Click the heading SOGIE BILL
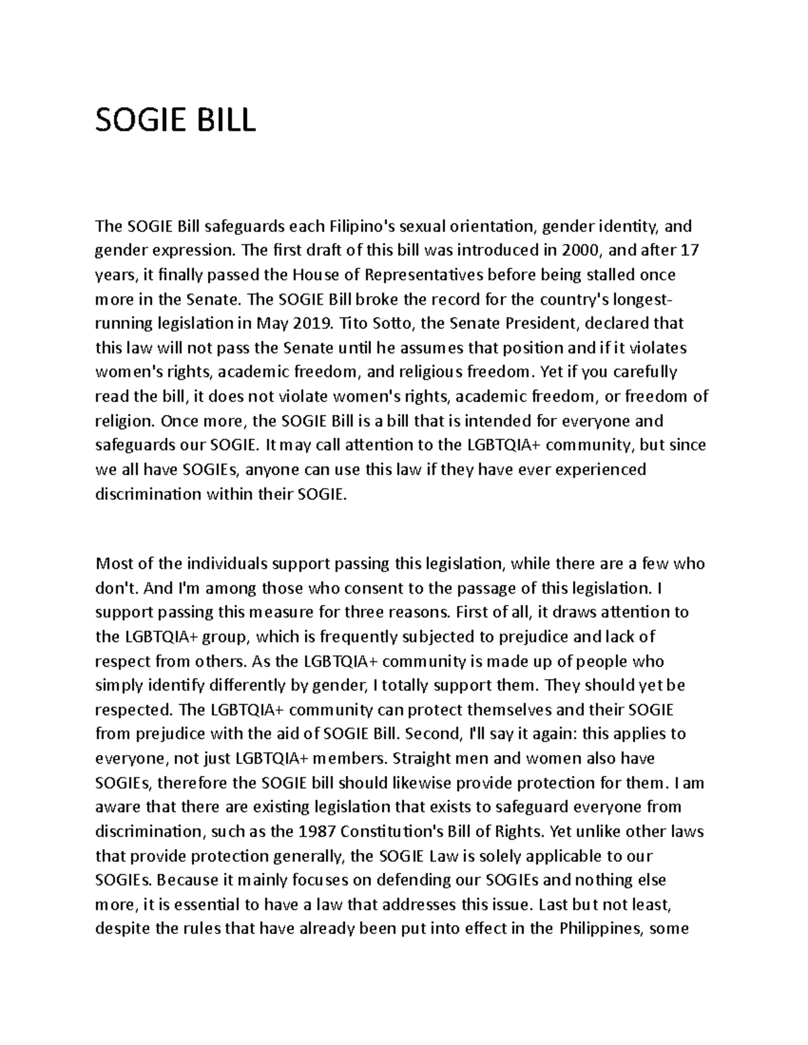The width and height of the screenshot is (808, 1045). point(176,121)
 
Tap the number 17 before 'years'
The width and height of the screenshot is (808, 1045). point(690,250)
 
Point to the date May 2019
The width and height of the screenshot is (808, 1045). point(294,324)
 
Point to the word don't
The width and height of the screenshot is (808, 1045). point(116,588)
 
